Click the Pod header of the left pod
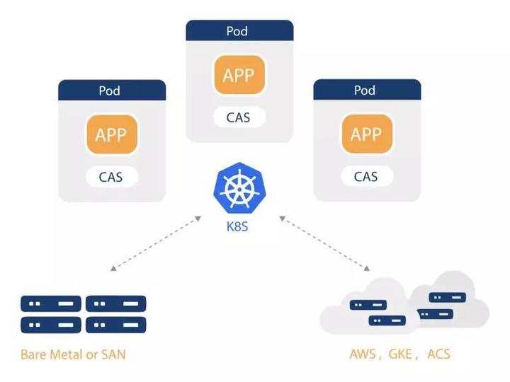coord(111,90)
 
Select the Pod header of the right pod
coord(366,90)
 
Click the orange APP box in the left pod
coord(111,134)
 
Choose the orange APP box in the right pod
coord(366,134)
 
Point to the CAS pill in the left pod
coord(111,176)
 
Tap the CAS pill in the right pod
coord(366,176)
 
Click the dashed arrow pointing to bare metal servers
coord(156,243)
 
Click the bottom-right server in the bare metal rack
coord(115,325)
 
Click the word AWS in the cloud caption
coord(363,354)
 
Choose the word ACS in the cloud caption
coord(438,354)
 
